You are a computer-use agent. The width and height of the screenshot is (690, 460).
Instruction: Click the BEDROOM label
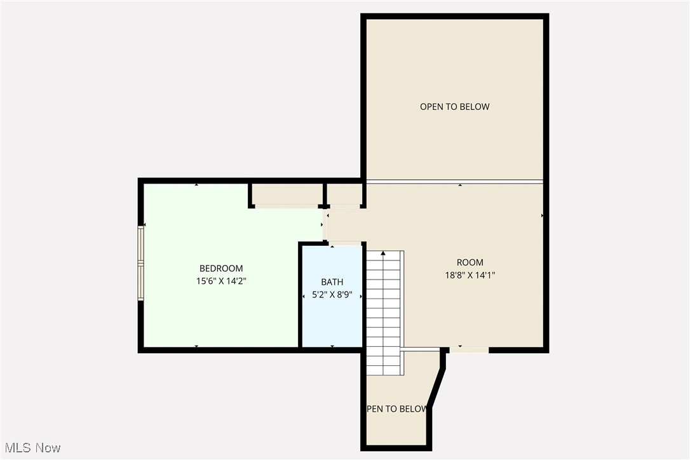pyautogui.click(x=221, y=269)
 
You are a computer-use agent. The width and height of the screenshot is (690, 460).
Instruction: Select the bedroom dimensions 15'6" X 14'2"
pyautogui.click(x=221, y=280)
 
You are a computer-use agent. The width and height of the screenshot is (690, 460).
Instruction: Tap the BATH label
pyautogui.click(x=332, y=282)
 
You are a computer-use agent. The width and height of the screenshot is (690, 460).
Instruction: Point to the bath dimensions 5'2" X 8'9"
pyautogui.click(x=332, y=295)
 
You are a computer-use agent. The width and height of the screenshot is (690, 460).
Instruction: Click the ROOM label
pyautogui.click(x=470, y=262)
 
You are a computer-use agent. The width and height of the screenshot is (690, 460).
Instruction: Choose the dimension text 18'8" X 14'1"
pyautogui.click(x=470, y=275)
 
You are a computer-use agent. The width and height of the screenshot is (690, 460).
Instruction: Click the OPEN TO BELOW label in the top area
pyautogui.click(x=454, y=107)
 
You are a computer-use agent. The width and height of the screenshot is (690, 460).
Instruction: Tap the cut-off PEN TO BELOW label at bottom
pyautogui.click(x=396, y=409)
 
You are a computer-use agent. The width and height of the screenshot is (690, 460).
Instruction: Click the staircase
pyautogui.click(x=384, y=311)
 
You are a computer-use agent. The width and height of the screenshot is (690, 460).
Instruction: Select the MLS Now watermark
pyautogui.click(x=31, y=448)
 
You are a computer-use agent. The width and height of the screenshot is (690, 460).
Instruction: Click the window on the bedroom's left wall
pyautogui.click(x=142, y=262)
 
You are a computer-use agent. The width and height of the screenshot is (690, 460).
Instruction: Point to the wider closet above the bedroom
pyautogui.click(x=286, y=195)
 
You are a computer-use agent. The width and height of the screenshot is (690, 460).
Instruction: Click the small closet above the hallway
pyautogui.click(x=344, y=195)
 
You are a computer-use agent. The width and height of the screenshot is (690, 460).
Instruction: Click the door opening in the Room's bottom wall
pyautogui.click(x=469, y=349)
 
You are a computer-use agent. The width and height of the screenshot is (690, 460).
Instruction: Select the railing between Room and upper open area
pyautogui.click(x=454, y=182)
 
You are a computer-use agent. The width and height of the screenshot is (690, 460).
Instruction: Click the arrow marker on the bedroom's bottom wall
pyautogui.click(x=196, y=346)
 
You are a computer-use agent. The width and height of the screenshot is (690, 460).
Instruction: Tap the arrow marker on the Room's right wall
pyautogui.click(x=542, y=216)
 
